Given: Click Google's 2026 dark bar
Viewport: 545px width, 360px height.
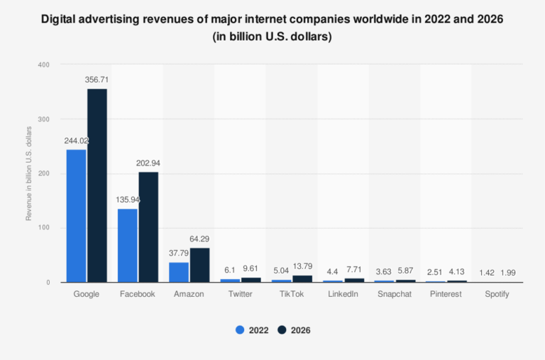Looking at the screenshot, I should [x=97, y=185].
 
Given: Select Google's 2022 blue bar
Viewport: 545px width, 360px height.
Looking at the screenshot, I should [x=76, y=216].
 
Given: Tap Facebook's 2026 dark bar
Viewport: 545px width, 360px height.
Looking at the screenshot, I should [x=148, y=227].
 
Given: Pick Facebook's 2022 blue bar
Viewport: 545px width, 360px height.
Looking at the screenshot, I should [x=127, y=245].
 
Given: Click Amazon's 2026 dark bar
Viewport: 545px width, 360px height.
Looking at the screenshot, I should [x=200, y=265].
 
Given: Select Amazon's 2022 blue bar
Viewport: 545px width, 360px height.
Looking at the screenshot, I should [x=179, y=272].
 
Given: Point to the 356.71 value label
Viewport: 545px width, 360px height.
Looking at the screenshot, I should [x=97, y=80].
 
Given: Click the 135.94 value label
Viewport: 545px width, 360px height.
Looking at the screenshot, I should [x=128, y=200].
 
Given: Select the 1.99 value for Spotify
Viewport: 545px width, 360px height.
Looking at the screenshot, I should [x=509, y=272].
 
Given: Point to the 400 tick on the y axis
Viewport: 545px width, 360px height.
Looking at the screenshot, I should [x=45, y=65].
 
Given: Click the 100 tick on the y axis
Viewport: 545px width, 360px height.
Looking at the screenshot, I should [x=45, y=228].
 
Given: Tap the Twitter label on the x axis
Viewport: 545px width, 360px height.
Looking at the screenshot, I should [x=241, y=294].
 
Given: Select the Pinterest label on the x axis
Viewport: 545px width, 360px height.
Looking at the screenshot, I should [x=446, y=294].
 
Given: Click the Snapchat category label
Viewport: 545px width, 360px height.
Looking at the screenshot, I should [x=395, y=294].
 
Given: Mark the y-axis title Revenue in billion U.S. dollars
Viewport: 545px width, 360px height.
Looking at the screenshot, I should [x=29, y=173].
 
